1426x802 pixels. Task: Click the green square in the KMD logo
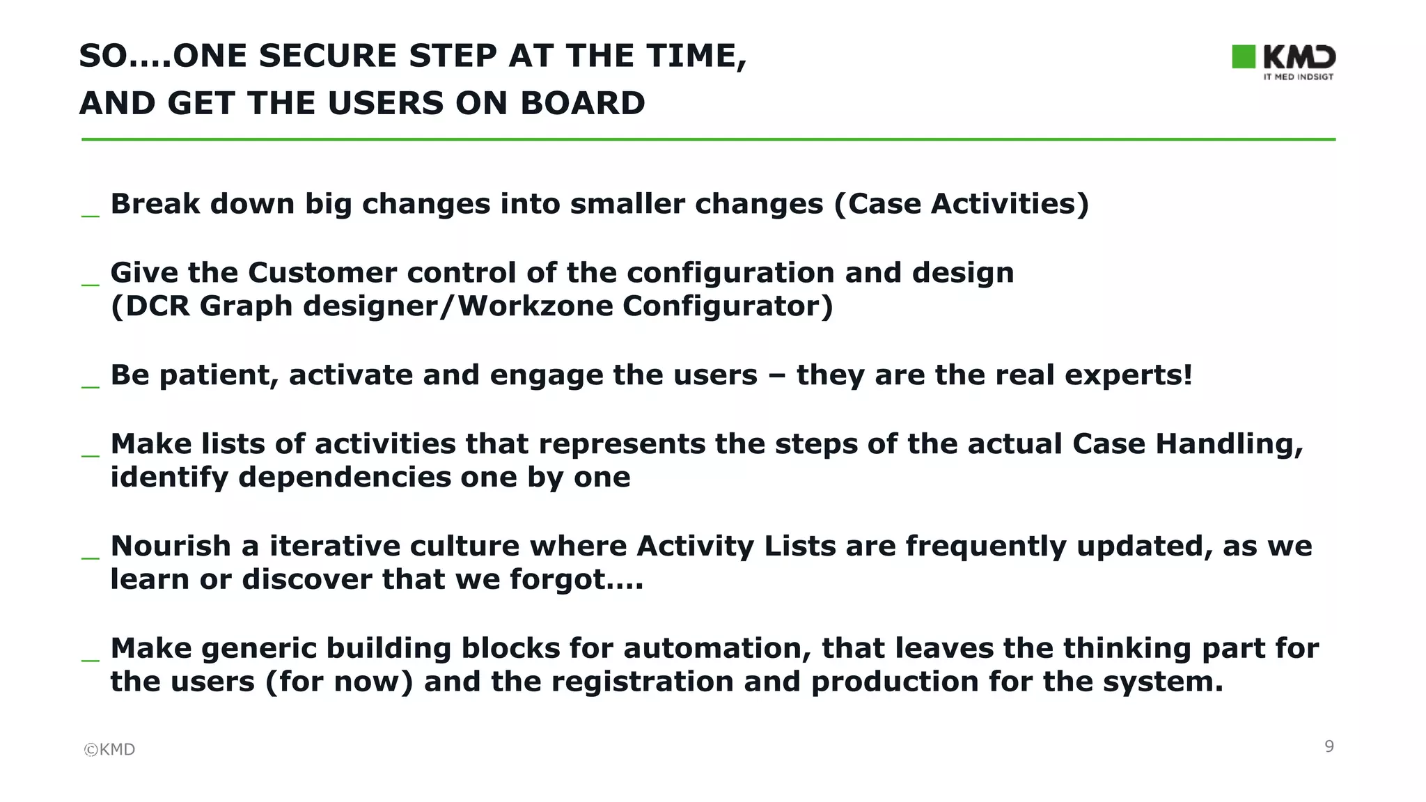coord(1244,57)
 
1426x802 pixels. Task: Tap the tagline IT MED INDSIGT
coord(1298,77)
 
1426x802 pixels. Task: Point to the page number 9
coord(1329,746)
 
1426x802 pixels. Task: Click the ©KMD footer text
coord(109,749)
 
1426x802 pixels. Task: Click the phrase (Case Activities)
coord(961,204)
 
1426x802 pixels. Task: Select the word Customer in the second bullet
coord(322,272)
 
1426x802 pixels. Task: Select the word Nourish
coord(171,546)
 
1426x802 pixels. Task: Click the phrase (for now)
coord(339,682)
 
